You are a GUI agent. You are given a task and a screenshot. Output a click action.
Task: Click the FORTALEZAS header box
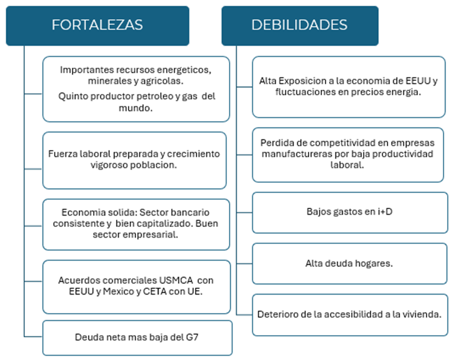(x=97, y=25)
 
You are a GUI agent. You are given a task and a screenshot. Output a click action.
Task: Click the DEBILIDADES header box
(x=299, y=25)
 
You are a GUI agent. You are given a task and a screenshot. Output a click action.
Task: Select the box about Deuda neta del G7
(x=137, y=337)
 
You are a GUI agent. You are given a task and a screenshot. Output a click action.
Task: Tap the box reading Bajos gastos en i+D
(x=349, y=212)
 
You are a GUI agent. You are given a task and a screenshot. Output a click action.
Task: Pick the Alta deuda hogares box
(x=349, y=263)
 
